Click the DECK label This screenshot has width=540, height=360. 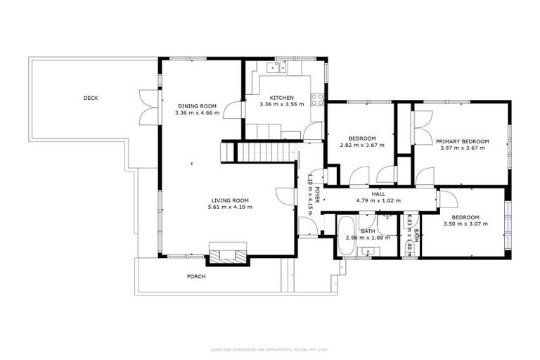[90, 98]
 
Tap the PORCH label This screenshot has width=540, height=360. [196, 276]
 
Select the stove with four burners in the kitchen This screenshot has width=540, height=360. [318, 99]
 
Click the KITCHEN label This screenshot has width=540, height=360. [281, 98]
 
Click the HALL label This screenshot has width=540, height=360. [378, 194]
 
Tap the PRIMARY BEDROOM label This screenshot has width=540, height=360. [461, 141]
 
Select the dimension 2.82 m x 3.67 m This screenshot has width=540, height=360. [362, 145]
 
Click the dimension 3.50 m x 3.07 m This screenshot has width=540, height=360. [465, 224]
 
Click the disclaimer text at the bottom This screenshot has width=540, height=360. [269, 349]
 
